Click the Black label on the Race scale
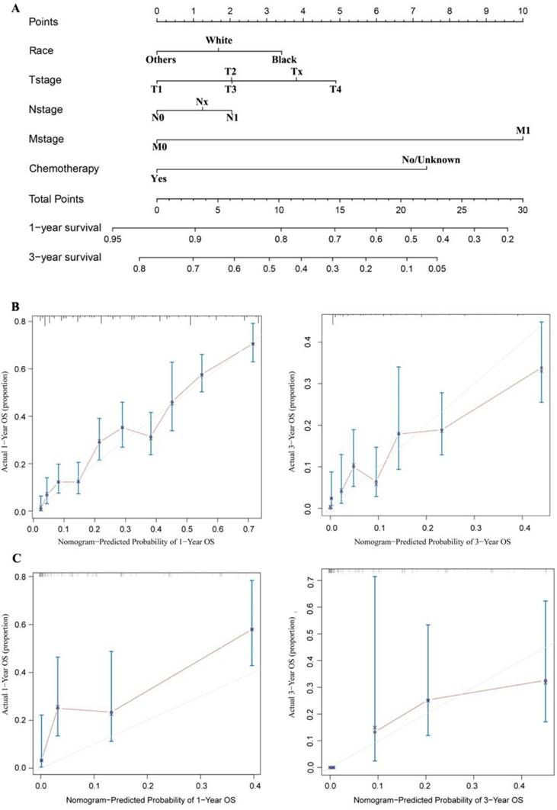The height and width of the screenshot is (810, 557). tap(283, 59)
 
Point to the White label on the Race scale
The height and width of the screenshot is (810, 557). tap(218, 40)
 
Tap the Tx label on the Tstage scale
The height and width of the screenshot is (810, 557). tap(297, 70)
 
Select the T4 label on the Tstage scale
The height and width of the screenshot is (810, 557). tap(335, 90)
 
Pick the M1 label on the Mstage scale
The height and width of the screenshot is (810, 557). tap(523, 130)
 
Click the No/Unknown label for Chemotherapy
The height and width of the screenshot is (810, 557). tap(431, 159)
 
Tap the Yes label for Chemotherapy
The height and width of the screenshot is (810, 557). tap(158, 179)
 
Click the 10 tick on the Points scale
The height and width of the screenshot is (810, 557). tap(523, 11)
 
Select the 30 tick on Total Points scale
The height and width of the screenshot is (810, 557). tap(523, 210)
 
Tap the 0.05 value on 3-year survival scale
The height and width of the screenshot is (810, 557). tap(436, 269)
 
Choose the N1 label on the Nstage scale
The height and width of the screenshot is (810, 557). tap(231, 118)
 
